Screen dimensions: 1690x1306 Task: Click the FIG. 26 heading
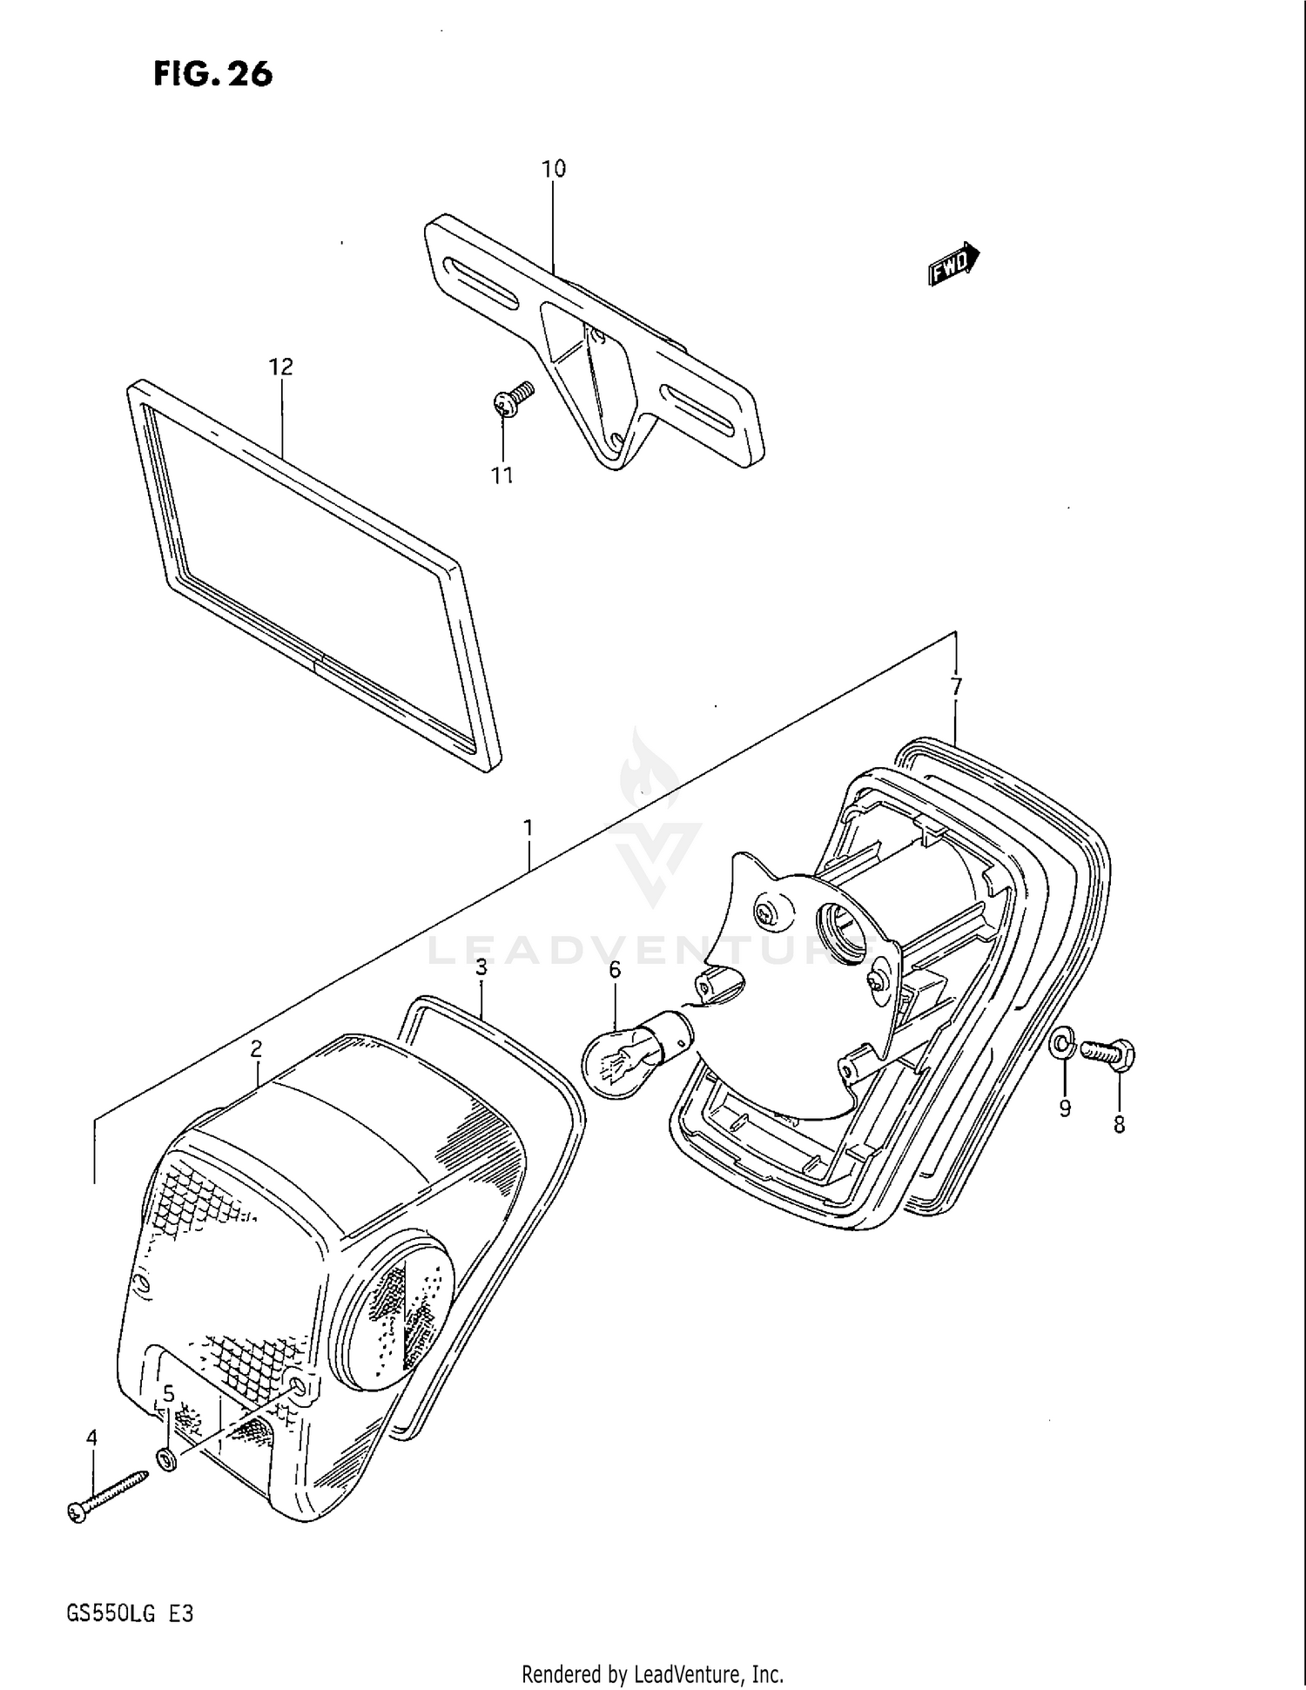tap(213, 74)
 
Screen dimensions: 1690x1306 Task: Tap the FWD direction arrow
tap(954, 264)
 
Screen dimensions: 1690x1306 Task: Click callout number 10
tap(554, 169)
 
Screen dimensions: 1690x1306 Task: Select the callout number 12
tap(280, 367)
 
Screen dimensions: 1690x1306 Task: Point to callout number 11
tap(502, 475)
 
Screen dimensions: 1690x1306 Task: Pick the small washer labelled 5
tap(166, 1458)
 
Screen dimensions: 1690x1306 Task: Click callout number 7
tap(956, 687)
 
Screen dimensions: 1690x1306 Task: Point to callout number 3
tap(481, 966)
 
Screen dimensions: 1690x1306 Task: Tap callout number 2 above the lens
tap(256, 1049)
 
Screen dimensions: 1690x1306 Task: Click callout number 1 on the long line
tap(528, 826)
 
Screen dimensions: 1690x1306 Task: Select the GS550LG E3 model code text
tap(130, 1613)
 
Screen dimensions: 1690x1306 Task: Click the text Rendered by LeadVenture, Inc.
tap(652, 1673)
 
